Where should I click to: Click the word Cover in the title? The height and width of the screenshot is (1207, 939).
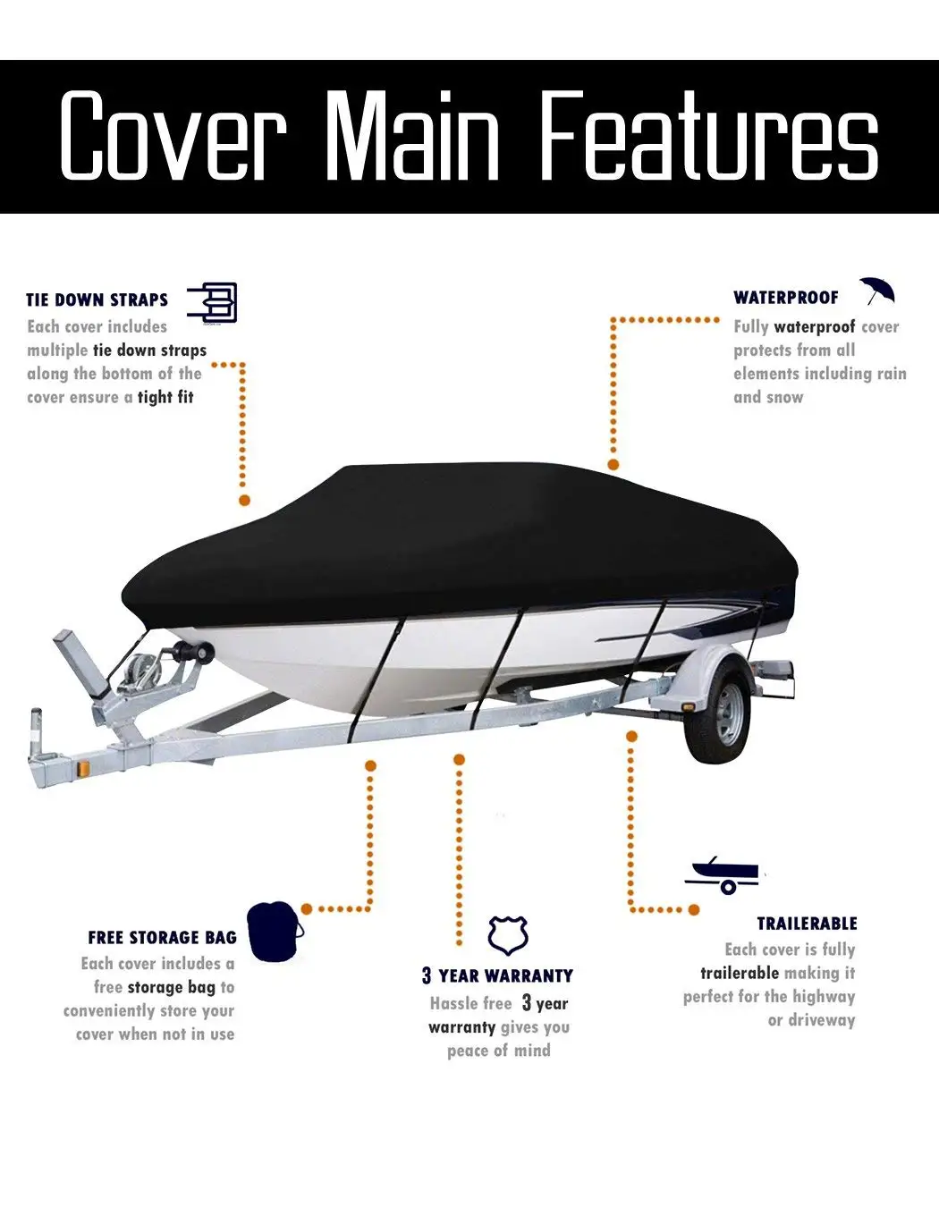173,136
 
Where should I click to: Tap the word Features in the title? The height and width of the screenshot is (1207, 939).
710,136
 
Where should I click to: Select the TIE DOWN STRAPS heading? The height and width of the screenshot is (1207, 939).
97,300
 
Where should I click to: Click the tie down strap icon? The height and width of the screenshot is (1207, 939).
213,302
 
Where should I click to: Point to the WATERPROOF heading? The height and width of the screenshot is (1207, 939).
786,298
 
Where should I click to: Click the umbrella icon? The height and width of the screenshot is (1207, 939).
877,291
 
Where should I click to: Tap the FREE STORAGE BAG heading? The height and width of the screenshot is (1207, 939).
162,938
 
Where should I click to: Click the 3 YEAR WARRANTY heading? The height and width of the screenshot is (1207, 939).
497,975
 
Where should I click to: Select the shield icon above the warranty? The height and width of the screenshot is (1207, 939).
507,935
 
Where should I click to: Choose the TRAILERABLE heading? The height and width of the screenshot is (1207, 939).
807,924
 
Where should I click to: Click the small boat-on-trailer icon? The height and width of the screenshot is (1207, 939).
724,874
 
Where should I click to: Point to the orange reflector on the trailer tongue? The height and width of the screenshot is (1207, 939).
85,770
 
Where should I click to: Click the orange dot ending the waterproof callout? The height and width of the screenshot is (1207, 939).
613,465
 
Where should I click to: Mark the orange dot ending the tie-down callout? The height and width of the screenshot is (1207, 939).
244,501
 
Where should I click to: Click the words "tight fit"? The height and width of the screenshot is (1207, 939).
165,397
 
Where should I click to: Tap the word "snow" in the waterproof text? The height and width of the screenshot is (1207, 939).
785,397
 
